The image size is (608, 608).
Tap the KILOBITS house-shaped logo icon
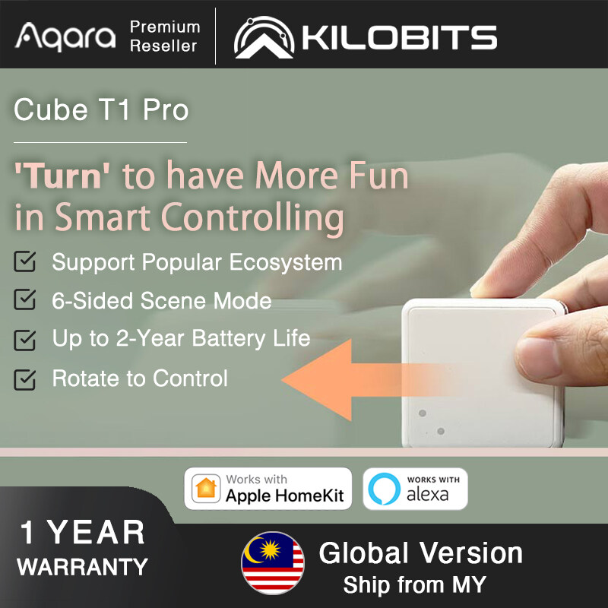(x=263, y=36)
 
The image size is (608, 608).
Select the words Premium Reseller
(x=164, y=36)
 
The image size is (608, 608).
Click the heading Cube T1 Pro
(x=101, y=111)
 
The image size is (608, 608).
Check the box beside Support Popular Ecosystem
(x=25, y=263)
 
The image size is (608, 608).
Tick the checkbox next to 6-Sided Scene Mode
(x=25, y=300)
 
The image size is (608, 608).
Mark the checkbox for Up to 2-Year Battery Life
(x=25, y=338)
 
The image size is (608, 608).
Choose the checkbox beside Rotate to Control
(x=25, y=378)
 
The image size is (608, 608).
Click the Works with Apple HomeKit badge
(x=268, y=488)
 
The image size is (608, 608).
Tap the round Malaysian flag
(x=273, y=563)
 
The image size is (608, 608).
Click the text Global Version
(x=420, y=553)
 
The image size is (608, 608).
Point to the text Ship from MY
(x=414, y=585)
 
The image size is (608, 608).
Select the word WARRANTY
(x=82, y=566)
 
